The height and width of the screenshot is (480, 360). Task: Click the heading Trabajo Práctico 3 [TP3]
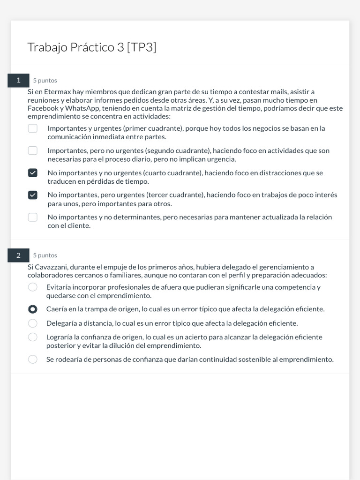92,47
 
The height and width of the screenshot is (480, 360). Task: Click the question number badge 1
18,80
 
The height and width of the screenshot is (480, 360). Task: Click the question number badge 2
18,255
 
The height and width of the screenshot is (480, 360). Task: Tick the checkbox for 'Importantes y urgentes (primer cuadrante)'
33,128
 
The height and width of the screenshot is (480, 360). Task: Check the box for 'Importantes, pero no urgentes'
33,150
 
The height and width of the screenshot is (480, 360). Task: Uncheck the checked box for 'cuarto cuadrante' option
33,173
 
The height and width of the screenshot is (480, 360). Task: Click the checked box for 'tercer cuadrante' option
33,195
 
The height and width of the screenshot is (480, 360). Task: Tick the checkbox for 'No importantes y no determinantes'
33,217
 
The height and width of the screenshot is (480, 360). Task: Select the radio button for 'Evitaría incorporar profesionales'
33,287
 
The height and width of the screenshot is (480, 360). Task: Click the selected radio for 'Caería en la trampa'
33,309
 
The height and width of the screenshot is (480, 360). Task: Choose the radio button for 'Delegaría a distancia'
33,323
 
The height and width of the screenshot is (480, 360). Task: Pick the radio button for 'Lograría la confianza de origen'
33,337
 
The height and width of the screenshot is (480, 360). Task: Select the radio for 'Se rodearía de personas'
33,360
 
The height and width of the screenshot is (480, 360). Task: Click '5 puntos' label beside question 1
45,81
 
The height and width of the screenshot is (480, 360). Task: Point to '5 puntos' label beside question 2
45,255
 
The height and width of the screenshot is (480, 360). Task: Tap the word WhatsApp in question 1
82,108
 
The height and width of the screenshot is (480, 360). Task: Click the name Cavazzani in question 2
51,267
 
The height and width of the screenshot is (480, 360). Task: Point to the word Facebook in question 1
43,108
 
